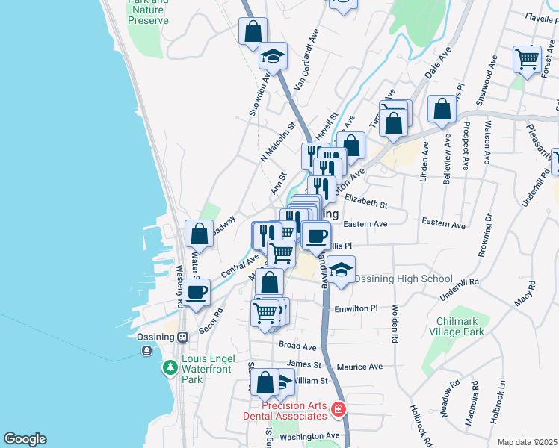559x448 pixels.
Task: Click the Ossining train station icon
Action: coord(181,337)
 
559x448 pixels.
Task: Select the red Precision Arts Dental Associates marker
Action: coord(339,409)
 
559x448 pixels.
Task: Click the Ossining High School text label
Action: coord(402,279)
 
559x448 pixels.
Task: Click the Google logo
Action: coord(25,439)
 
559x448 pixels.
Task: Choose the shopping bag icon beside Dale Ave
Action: coord(442,108)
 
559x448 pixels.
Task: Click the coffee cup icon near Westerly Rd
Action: coord(197,291)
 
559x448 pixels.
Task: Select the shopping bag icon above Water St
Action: coord(199,234)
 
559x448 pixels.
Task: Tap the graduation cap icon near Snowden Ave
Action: coord(274,55)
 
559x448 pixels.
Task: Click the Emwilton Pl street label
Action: coord(357,308)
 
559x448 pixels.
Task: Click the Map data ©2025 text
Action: coord(528,442)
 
